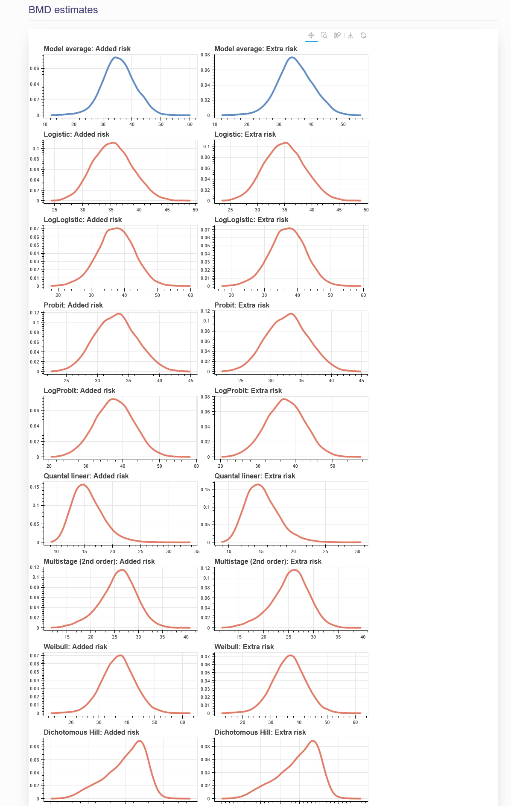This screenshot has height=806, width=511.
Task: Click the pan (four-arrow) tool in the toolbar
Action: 311,35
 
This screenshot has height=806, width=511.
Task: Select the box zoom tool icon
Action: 324,35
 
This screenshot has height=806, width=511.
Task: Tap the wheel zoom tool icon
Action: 337,35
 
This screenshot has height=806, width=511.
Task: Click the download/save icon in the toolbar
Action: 350,35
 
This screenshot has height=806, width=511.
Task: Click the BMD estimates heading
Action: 63,10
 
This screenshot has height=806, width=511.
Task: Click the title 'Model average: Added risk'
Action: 87,49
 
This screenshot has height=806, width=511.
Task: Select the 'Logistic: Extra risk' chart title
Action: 245,134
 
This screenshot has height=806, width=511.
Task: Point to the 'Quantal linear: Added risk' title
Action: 86,476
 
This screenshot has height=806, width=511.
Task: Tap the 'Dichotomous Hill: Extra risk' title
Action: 260,732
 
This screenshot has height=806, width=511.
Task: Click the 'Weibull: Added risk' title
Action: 75,647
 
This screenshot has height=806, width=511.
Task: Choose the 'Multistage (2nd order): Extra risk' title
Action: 268,561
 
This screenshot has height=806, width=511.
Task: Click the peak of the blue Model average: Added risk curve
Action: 115,57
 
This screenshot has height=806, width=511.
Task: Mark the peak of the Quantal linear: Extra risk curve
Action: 258,484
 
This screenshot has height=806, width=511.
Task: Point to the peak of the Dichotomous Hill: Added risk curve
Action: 140,741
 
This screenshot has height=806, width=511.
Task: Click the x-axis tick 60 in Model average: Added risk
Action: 190,124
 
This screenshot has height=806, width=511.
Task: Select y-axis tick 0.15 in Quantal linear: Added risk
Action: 35,487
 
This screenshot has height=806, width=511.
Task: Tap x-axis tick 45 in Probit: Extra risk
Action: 362,381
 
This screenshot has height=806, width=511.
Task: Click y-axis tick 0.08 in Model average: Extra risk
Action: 205,55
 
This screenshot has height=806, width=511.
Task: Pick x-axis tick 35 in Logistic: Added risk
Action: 111,210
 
